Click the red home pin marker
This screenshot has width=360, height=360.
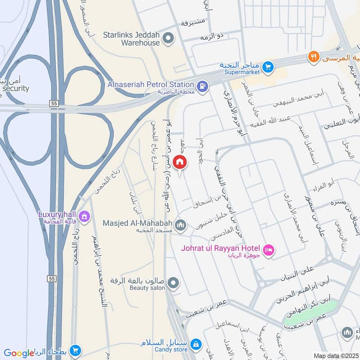179,162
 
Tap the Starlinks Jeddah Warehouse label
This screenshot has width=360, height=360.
131,39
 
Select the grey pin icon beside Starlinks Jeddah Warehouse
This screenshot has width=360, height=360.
169,39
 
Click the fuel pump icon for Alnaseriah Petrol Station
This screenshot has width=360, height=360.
202,85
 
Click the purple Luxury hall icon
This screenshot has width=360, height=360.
83,217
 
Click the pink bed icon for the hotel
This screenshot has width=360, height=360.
269,249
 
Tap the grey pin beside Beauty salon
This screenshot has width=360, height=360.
173,283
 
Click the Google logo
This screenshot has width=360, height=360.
19,353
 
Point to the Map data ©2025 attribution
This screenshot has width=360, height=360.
335,355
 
